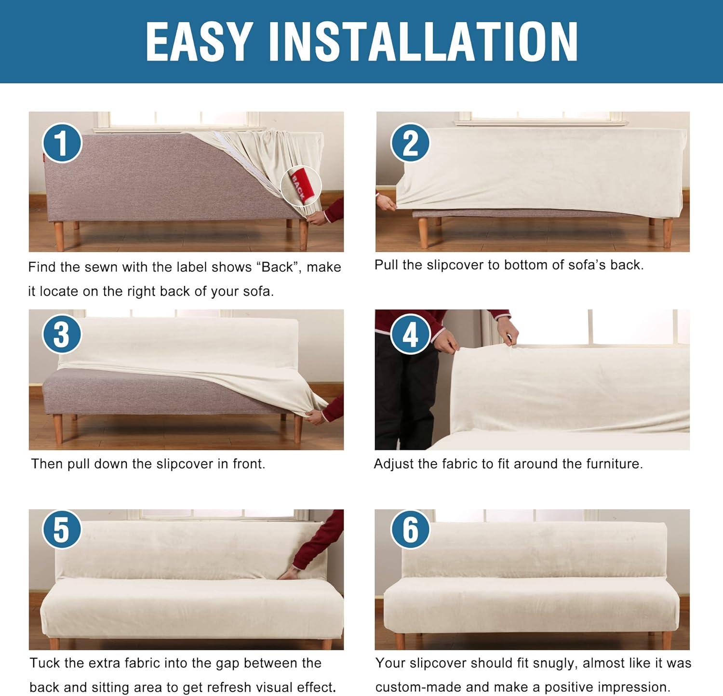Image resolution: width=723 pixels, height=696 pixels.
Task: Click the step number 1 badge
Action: pos(62,143)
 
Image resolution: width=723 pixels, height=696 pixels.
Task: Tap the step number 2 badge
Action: pos(410,143)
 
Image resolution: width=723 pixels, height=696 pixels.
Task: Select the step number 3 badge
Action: pos(62,334)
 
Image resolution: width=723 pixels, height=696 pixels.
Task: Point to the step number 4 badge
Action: pos(410,334)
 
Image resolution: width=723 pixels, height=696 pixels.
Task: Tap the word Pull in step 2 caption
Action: pos(386,265)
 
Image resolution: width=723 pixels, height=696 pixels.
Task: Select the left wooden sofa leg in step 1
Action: pos(59,236)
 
